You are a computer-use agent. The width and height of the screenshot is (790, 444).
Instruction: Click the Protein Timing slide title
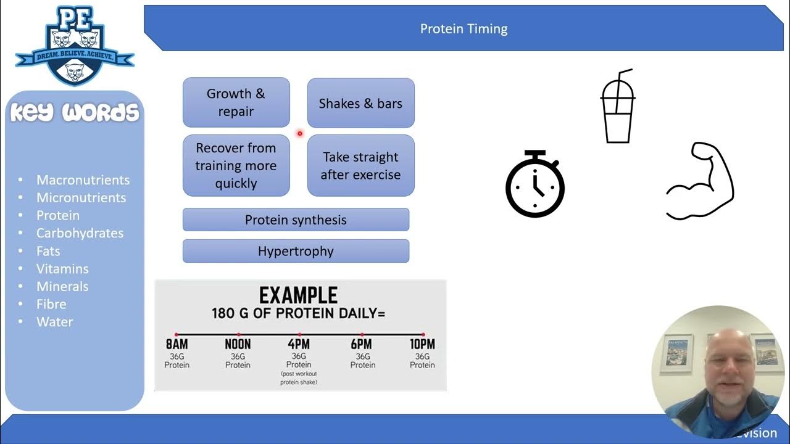[x=464, y=29]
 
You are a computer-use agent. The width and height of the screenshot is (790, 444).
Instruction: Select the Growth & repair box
[x=236, y=102]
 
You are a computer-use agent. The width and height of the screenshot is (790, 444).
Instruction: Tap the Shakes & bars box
[x=360, y=103]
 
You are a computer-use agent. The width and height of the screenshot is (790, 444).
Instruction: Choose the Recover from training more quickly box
[x=236, y=165]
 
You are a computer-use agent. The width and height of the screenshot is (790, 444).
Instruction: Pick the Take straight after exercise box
[x=360, y=165]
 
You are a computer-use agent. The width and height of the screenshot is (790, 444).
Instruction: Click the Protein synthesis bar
[x=296, y=220]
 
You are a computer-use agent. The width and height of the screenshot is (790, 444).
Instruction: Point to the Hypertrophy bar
[x=296, y=251]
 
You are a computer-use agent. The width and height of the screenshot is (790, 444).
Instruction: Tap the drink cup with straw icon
[x=618, y=107]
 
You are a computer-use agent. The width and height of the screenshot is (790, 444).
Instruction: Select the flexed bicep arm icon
[x=701, y=181]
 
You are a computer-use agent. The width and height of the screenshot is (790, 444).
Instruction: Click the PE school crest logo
[x=75, y=46]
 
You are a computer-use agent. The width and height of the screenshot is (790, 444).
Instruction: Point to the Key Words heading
[x=75, y=113]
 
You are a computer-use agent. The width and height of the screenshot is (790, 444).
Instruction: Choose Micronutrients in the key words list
[x=81, y=197]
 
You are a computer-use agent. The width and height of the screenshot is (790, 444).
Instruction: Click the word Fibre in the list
[x=51, y=304]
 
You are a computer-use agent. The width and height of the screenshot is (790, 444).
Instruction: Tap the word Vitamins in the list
[x=62, y=268]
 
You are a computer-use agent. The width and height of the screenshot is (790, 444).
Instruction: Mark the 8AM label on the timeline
[x=177, y=344]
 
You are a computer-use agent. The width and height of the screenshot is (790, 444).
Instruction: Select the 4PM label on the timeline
[x=299, y=344]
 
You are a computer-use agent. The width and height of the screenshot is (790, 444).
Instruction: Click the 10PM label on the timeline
[x=423, y=344]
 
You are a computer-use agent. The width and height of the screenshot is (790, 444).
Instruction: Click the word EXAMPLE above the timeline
[x=299, y=295]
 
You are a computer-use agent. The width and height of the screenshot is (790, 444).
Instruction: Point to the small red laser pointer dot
[x=300, y=133]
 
